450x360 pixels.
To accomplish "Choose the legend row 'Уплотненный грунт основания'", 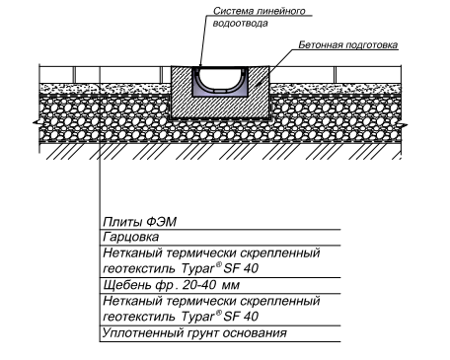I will click(194, 333).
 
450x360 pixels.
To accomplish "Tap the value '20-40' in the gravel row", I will click(187, 285).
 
